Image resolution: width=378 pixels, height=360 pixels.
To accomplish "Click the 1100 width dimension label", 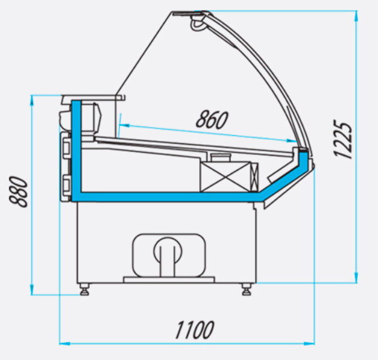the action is click(195, 329).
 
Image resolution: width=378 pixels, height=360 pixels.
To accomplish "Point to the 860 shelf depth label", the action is click(212, 119).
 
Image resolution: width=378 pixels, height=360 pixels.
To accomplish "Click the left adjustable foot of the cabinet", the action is click(85, 289).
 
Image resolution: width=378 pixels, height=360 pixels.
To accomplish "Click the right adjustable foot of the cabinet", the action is click(246, 289).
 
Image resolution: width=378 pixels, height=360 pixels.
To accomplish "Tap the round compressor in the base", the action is click(168, 250).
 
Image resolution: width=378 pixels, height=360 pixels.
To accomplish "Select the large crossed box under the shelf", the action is click(226, 177).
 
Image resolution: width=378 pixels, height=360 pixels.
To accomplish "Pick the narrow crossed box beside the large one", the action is click(255, 177).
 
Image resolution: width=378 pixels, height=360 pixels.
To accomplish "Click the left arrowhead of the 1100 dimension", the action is click(64, 344).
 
